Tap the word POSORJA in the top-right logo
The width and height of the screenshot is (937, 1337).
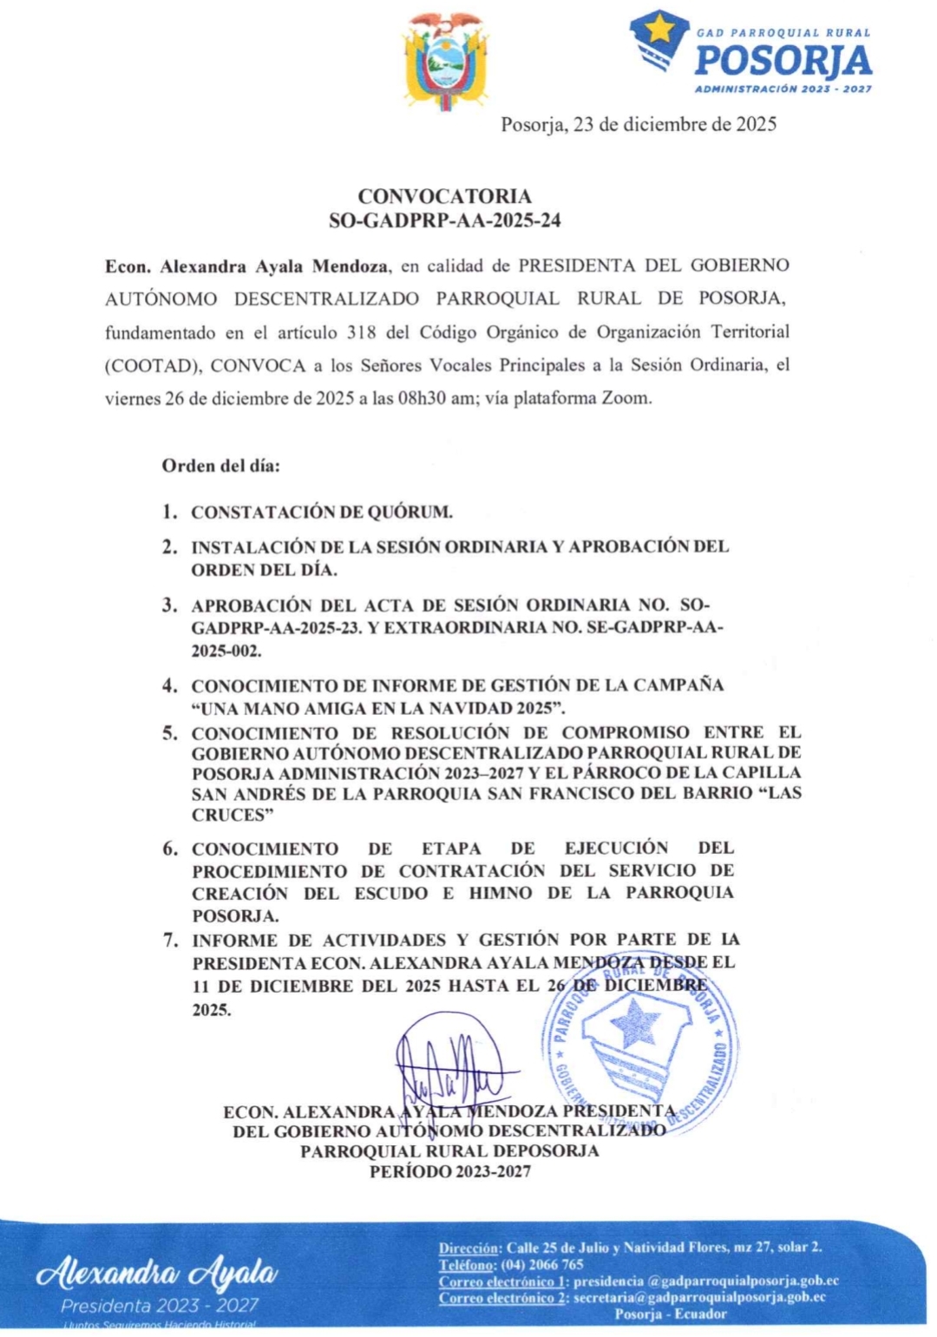click(783, 62)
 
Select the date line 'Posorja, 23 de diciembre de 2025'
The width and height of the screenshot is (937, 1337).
click(639, 124)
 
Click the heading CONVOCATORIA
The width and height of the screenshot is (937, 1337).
click(445, 196)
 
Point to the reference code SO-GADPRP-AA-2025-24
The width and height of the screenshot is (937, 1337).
click(445, 220)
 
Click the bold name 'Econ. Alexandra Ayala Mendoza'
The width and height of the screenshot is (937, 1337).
click(247, 265)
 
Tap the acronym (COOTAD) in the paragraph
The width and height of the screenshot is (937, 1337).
click(154, 365)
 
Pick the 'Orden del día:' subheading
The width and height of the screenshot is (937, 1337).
click(220, 465)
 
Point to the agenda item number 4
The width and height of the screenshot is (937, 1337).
click(169, 685)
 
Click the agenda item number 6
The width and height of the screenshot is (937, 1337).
click(170, 849)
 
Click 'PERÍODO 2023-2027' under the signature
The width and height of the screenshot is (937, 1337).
click(449, 1171)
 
